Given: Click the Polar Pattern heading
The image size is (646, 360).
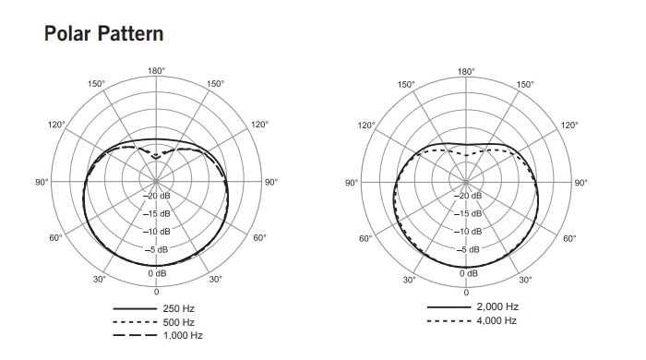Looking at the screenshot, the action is click(x=103, y=33).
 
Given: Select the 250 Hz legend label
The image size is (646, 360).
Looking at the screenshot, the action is click(x=178, y=308).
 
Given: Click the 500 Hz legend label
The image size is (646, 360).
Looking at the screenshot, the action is click(x=178, y=322).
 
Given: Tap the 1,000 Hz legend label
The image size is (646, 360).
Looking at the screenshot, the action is click(x=183, y=336).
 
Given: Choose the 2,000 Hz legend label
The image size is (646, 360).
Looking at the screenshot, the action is click(x=497, y=306).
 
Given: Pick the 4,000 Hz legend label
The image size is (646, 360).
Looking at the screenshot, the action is click(x=496, y=320).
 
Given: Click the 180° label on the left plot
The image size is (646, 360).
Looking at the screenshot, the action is click(x=157, y=71).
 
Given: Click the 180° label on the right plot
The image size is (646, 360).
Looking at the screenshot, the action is click(x=466, y=72).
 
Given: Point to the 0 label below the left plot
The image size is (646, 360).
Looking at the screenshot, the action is click(x=157, y=292).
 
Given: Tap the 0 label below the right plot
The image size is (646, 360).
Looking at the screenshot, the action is click(x=466, y=293).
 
